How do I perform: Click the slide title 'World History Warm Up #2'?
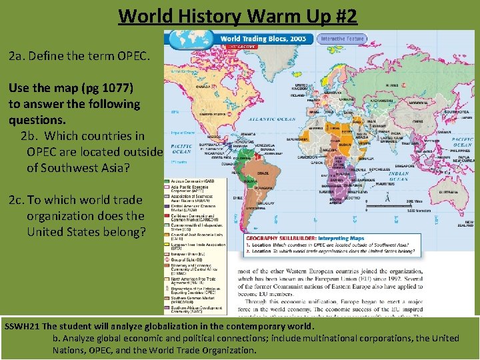click(x=238, y=15)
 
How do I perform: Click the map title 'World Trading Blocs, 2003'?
click(x=263, y=39)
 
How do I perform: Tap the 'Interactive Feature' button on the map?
click(x=343, y=39)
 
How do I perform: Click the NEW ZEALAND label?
click(x=469, y=225)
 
